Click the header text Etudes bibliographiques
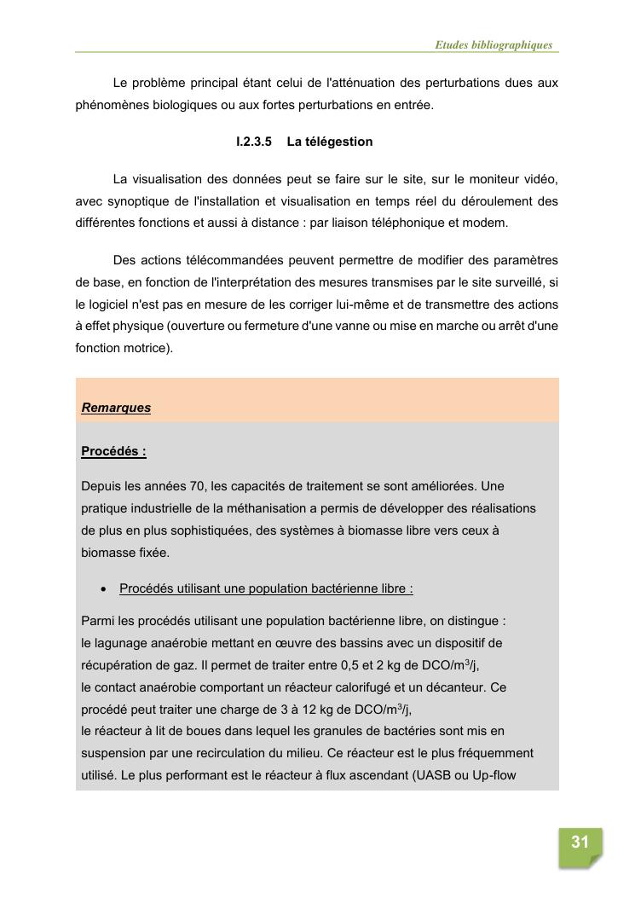494,45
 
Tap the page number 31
580,843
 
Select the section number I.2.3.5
254,142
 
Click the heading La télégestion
329,142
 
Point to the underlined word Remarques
116,408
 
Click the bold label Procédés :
113,451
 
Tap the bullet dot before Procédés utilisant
103,588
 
